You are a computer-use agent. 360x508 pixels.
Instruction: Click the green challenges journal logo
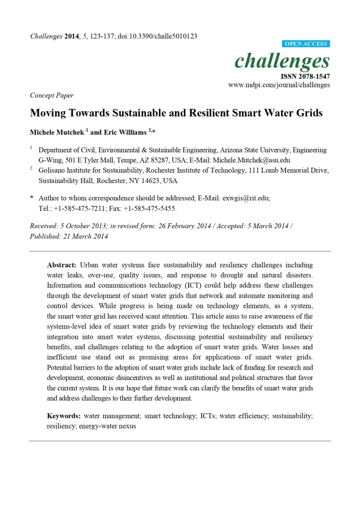[282, 61]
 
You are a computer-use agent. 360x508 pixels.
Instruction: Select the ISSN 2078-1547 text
[305, 76]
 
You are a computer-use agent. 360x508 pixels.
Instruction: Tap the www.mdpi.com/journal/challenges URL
[279, 85]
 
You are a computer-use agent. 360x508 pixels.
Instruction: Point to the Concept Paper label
[52, 95]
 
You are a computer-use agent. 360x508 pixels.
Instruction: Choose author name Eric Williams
[122, 133]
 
